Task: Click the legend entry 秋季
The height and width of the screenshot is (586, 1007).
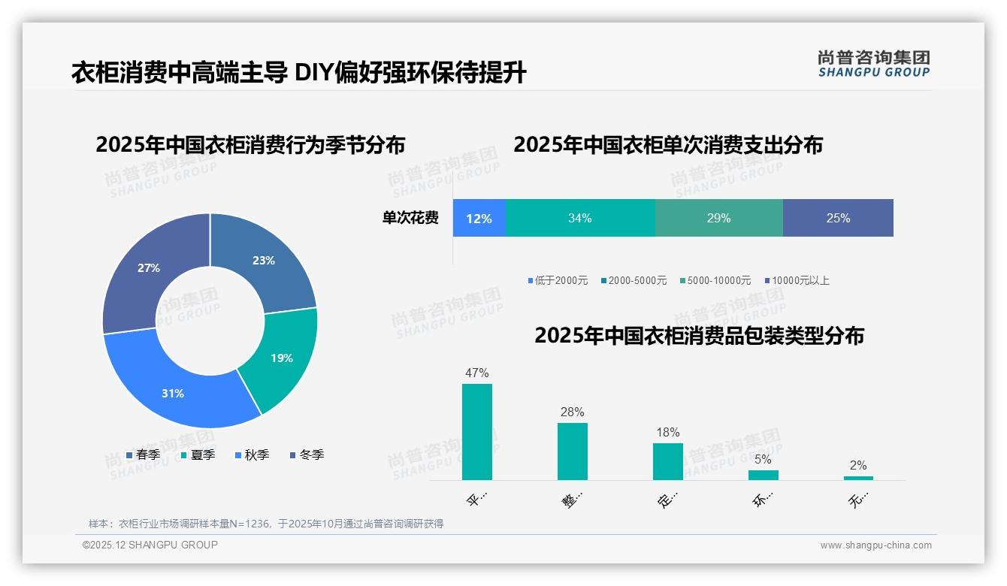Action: (252, 455)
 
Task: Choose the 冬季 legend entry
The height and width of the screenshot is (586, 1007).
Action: (307, 455)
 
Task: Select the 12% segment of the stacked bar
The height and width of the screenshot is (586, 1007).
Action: (479, 218)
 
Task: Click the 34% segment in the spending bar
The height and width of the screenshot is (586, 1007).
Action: (579, 218)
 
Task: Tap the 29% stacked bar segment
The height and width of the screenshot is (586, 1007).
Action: (718, 218)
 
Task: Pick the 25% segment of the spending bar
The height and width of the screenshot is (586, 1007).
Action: (838, 218)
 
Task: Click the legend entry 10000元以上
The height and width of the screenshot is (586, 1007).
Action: (797, 280)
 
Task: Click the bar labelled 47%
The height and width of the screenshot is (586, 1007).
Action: (477, 432)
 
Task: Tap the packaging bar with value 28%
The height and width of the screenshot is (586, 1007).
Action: (573, 451)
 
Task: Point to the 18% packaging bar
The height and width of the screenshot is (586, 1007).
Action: (668, 461)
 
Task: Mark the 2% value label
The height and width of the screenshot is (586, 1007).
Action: (858, 465)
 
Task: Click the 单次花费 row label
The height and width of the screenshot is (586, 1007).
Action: (410, 218)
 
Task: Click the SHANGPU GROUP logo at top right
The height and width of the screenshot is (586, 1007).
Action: (873, 64)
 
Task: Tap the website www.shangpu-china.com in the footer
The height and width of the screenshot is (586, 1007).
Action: (875, 545)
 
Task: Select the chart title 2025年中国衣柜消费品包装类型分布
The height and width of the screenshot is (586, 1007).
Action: (699, 336)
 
